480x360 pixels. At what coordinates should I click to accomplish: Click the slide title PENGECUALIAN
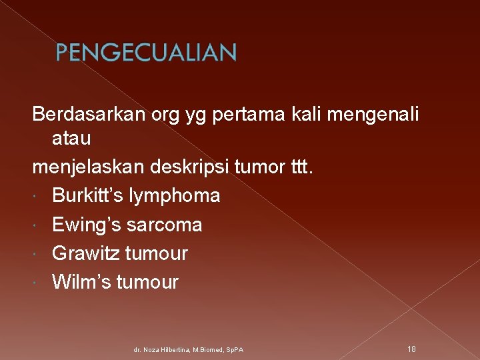click(145, 53)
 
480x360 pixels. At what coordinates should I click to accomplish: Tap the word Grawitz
click(81, 253)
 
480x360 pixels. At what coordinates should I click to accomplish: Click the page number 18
click(411, 349)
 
